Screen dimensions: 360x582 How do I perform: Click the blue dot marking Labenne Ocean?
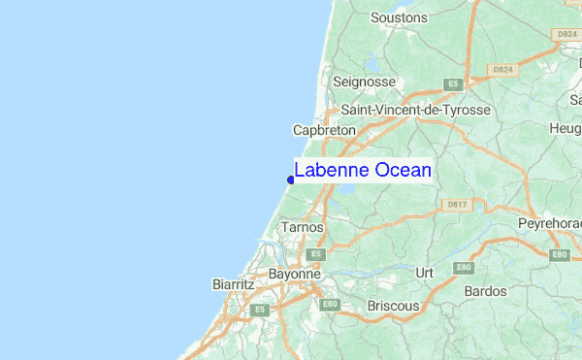[x=291, y=179]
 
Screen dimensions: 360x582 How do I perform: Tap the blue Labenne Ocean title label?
[x=362, y=171]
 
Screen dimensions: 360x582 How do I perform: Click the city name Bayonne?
[x=294, y=275]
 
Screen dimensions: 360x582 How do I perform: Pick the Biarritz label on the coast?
[x=233, y=285]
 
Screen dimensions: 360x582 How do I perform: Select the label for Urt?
[x=424, y=273]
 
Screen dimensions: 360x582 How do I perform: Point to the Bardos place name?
[x=486, y=291]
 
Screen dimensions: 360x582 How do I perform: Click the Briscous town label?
[x=394, y=306]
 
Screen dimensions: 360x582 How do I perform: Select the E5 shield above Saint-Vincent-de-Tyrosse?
[x=452, y=85]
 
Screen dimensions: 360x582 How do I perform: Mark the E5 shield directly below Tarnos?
[x=314, y=253]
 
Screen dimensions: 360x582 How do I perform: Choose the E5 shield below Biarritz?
[x=259, y=310]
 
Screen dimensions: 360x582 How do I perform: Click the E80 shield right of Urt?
[x=464, y=268]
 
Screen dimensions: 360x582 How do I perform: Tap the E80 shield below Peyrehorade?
[x=559, y=254]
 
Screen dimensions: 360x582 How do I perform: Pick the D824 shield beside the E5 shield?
[x=501, y=71]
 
